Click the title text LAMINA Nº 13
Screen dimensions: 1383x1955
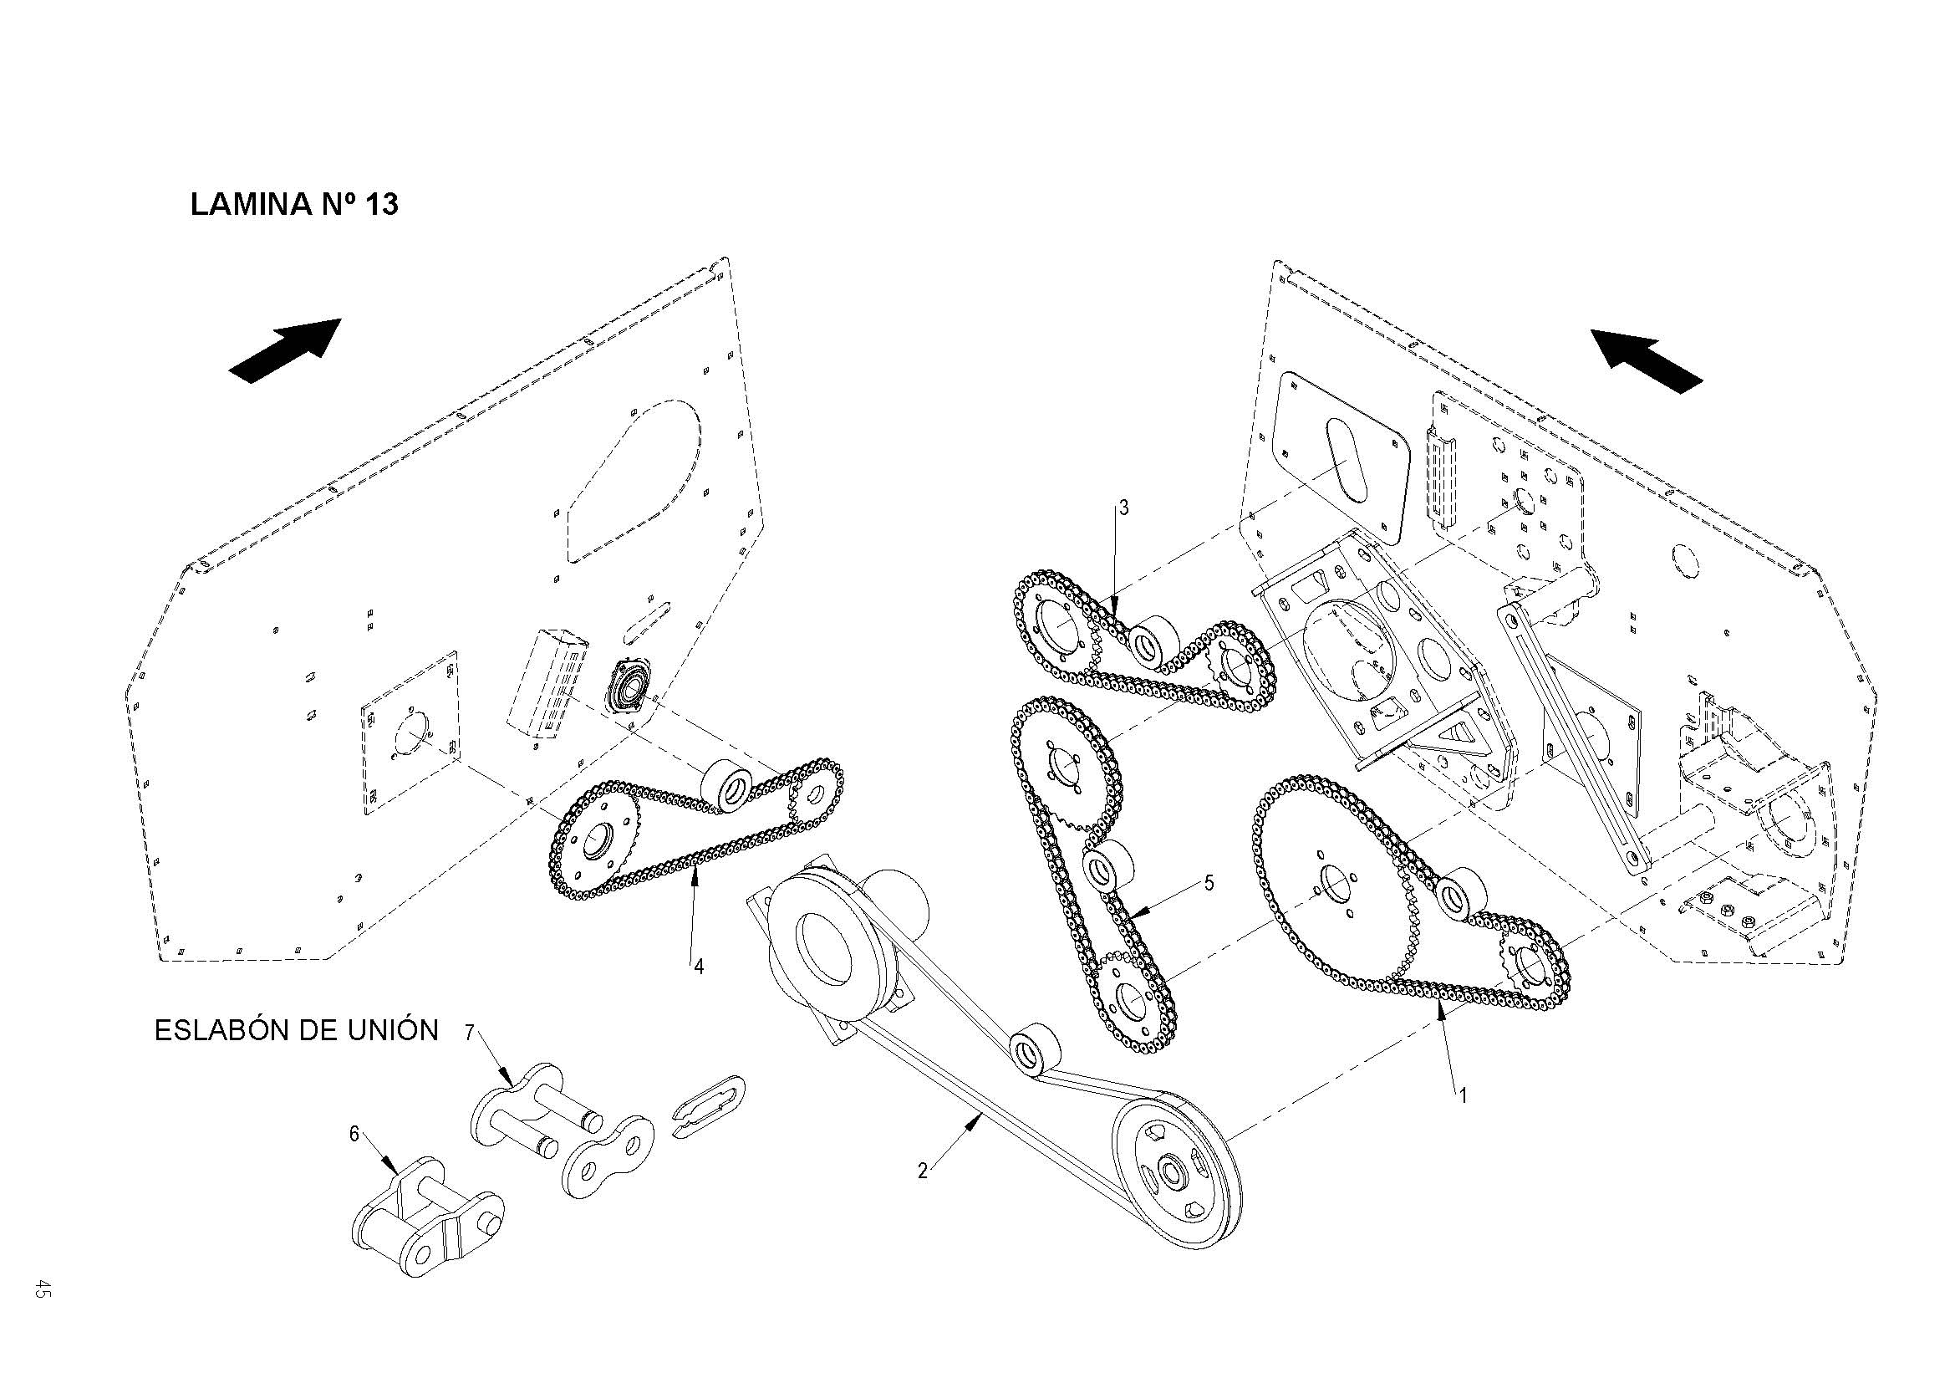tap(293, 205)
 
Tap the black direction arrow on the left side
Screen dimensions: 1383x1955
tap(286, 351)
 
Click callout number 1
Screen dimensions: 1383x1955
tap(1463, 1096)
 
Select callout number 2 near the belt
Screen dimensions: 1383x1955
tap(922, 1171)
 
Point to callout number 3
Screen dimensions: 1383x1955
tap(1123, 508)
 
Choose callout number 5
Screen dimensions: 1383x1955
tap(1209, 883)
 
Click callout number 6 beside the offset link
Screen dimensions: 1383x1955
tap(354, 1134)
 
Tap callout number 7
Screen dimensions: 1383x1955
tap(469, 1033)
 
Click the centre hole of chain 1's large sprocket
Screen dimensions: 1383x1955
tap(1333, 881)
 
